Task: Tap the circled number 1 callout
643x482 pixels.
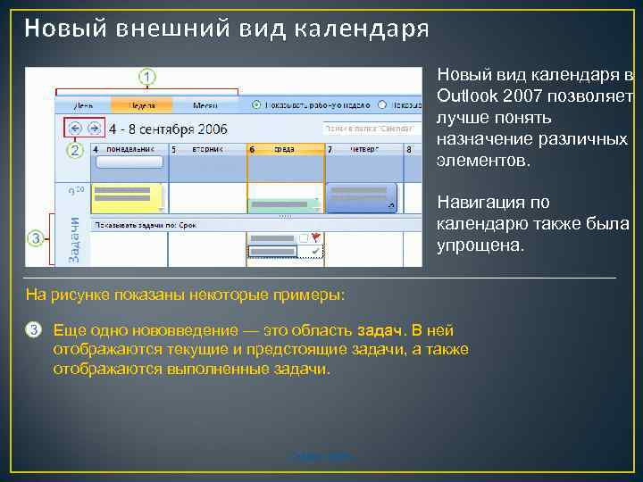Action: click(x=147, y=78)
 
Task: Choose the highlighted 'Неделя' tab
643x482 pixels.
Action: click(x=139, y=104)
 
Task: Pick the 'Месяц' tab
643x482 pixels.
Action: click(x=205, y=104)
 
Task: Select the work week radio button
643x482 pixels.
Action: click(x=257, y=104)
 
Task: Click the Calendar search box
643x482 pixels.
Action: click(x=370, y=128)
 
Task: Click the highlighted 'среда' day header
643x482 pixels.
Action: click(x=285, y=149)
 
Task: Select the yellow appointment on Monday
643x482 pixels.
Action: click(x=127, y=196)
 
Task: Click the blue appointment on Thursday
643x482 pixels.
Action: click(x=361, y=197)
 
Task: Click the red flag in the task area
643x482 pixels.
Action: click(x=315, y=237)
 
